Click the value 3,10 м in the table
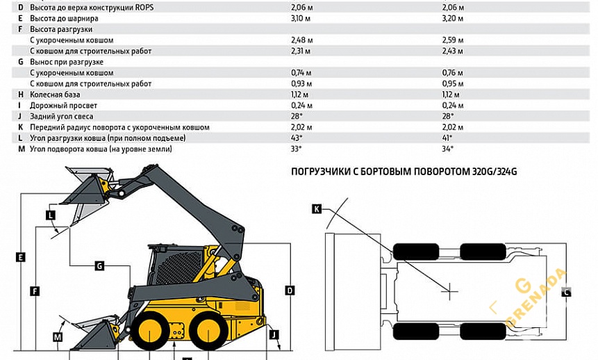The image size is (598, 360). tap(301, 18)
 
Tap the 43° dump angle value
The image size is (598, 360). tap(297, 138)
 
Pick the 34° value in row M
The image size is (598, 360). tap(447, 149)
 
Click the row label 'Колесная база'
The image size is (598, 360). tap(55, 95)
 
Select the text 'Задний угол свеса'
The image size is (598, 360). tap(61, 117)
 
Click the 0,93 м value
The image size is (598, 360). tap(301, 84)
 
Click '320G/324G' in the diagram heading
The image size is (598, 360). tap(495, 172)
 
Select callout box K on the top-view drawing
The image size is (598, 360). tap(317, 208)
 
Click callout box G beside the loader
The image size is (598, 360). tap(99, 265)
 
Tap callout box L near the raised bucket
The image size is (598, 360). tap(51, 215)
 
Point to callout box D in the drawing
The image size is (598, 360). tap(290, 290)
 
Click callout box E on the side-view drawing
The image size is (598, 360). tap(21, 257)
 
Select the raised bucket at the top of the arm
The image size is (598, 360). tap(89, 188)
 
